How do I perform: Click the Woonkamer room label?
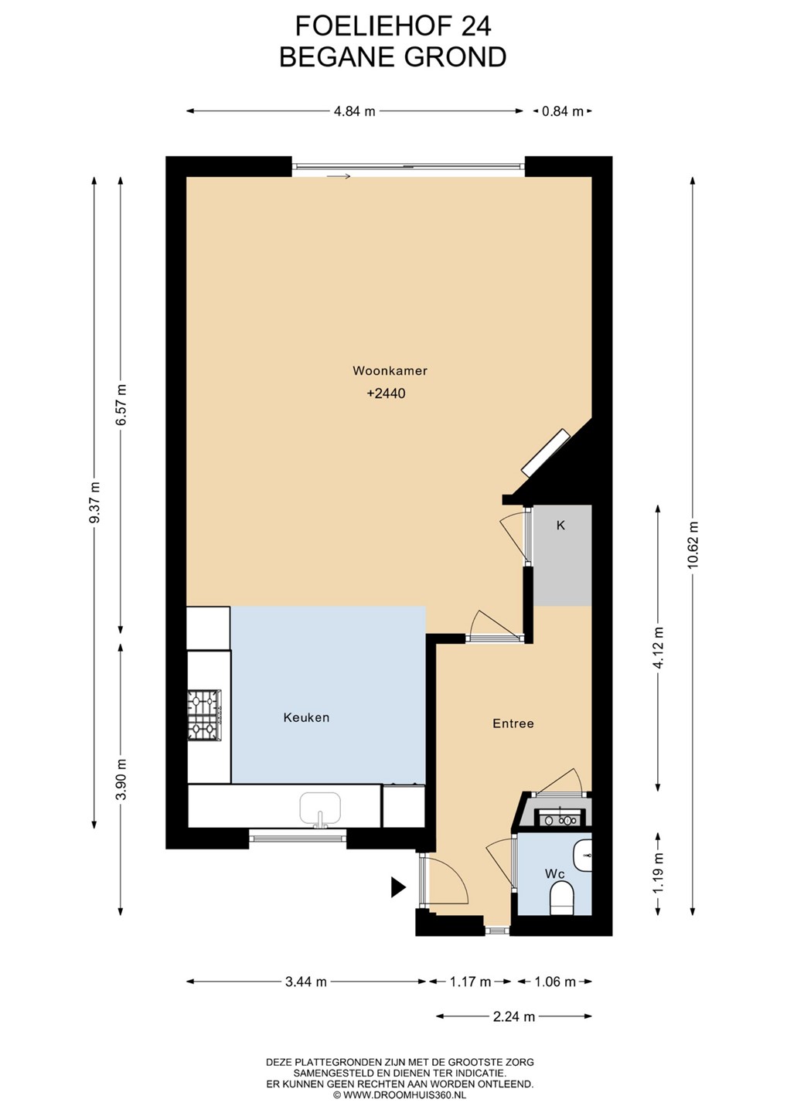pos(390,371)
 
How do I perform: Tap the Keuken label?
pos(307,717)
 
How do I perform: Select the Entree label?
pos(513,723)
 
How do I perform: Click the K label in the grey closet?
pos(560,526)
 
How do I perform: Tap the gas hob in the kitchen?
pos(205,715)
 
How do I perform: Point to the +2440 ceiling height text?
pos(386,393)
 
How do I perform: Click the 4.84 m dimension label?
pos(354,111)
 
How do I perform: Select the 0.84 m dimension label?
pos(563,111)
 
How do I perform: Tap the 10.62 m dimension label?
pos(693,545)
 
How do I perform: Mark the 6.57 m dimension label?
pos(121,404)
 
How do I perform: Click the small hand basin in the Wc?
pos(582,856)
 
